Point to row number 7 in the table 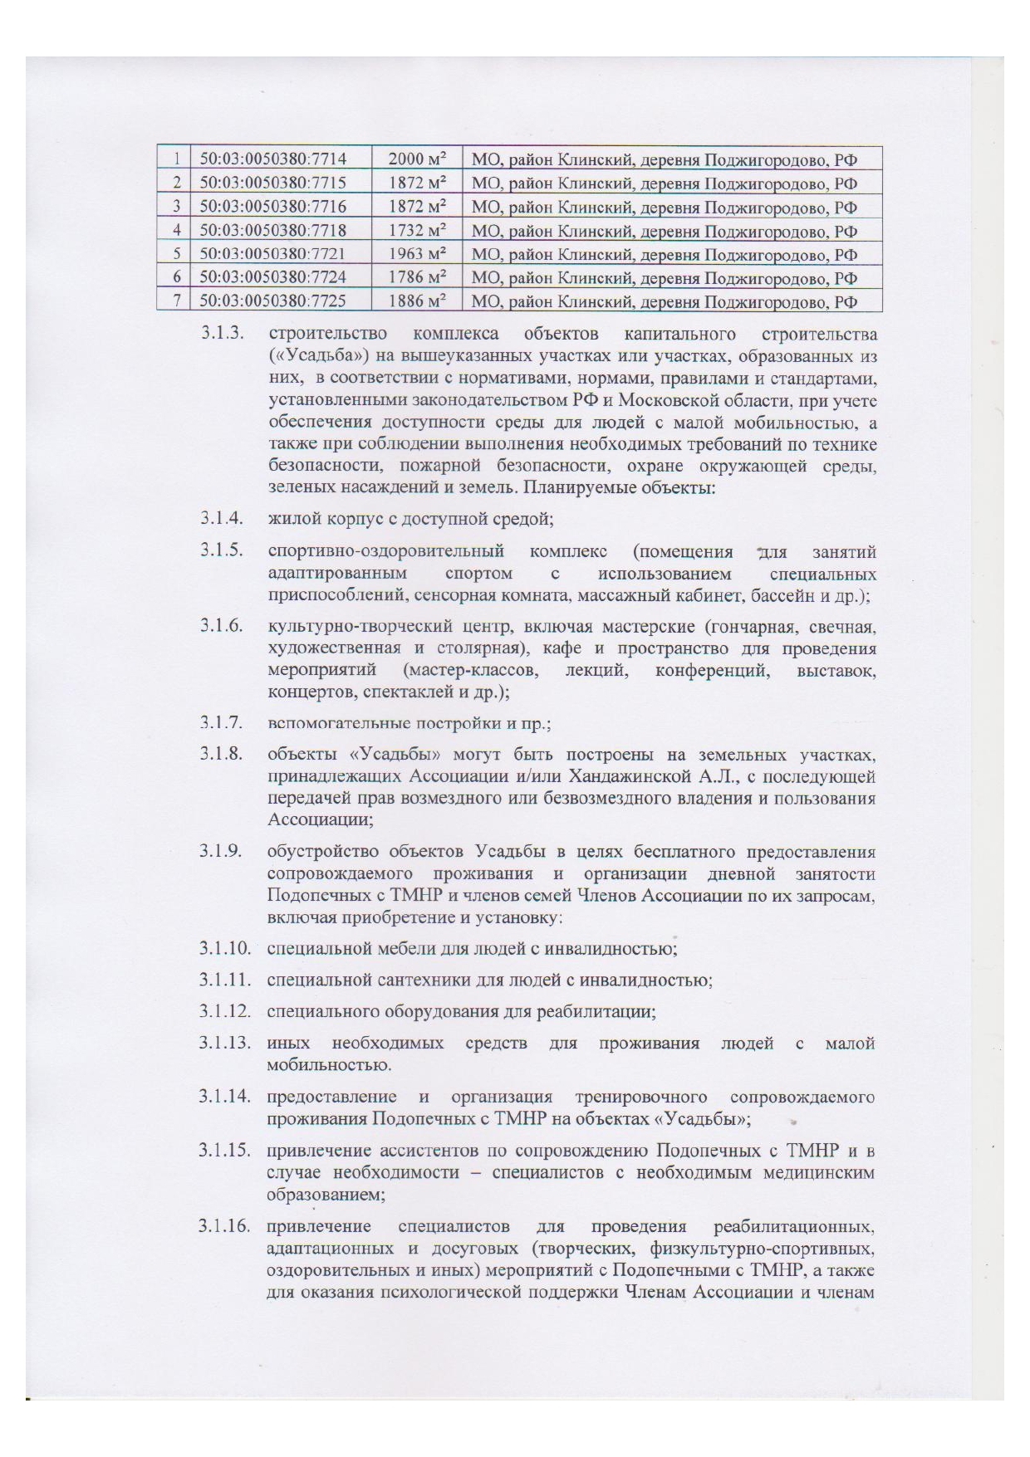(176, 301)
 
